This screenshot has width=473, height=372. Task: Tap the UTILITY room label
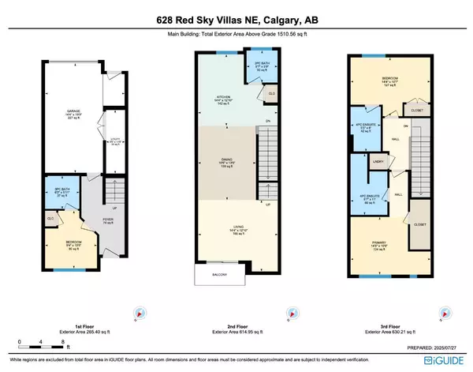pyautogui.click(x=113, y=143)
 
